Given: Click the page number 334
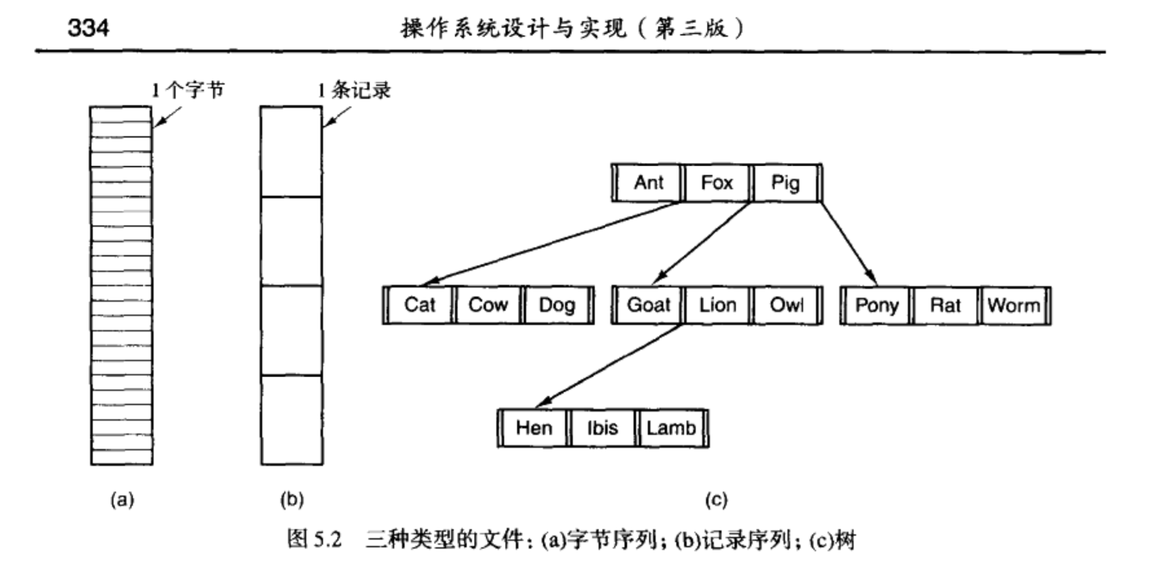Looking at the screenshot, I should point(88,27).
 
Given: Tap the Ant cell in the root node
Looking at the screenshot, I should point(648,183).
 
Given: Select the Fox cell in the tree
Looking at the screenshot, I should point(717,183).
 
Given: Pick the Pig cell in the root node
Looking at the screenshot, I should point(785,183).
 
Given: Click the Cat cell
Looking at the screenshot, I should point(420,305).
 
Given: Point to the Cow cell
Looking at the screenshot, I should point(488,305).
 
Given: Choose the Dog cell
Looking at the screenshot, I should point(557,305).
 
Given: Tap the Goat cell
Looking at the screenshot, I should point(648,305).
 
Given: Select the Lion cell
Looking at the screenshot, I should point(717,305).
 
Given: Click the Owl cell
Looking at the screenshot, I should point(786,305).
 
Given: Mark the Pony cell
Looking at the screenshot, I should point(876,305).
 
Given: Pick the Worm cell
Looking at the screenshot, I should point(1014,305).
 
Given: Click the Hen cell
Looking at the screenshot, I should point(534,428).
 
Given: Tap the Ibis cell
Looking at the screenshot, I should point(602,428).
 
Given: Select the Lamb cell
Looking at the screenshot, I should point(671,428).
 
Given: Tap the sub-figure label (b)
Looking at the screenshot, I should point(292,499).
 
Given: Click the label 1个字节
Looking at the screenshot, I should point(188,91).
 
